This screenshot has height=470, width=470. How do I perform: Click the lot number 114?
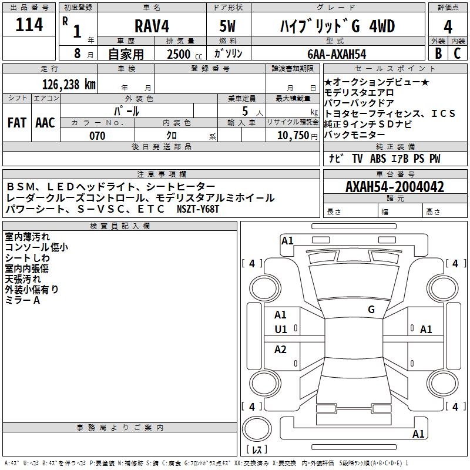click(29, 25)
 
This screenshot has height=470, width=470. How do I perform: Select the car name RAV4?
click(151, 26)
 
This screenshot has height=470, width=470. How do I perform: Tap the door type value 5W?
click(227, 26)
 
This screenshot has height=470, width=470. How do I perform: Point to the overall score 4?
click(448, 26)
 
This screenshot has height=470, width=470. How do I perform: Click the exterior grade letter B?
click(438, 53)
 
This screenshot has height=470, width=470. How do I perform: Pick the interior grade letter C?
click(458, 53)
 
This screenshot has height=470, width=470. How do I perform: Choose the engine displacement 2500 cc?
click(184, 54)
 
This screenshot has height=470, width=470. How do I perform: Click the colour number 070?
click(98, 136)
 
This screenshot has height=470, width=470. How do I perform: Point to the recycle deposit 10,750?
click(292, 136)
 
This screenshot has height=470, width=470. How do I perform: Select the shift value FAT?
click(16, 123)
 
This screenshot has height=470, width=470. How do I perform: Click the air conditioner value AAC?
click(45, 123)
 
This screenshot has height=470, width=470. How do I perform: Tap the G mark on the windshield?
click(371, 310)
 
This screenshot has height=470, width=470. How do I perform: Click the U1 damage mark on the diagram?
click(281, 330)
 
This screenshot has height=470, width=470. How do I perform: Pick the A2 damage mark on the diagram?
click(281, 350)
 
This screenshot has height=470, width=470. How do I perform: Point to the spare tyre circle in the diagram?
click(257, 430)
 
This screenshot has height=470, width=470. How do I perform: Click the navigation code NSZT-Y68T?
click(197, 209)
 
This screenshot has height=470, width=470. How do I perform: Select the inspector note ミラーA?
click(22, 300)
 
